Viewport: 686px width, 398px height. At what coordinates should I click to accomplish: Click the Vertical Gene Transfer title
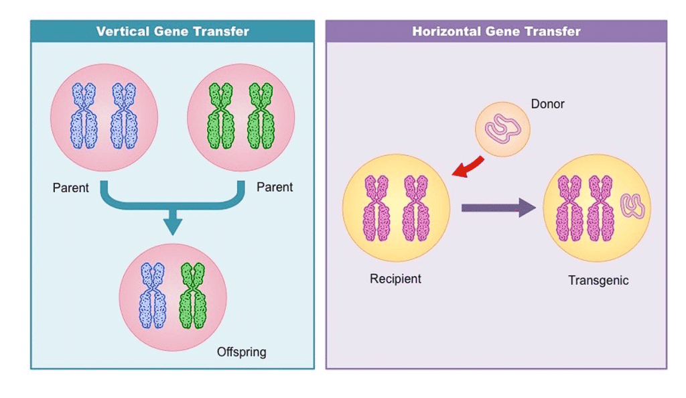[x=172, y=31]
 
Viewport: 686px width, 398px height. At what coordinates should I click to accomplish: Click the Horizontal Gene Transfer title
[x=496, y=31]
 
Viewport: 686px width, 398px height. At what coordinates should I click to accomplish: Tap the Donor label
[x=547, y=104]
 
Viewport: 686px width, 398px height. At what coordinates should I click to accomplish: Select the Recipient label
[x=395, y=279]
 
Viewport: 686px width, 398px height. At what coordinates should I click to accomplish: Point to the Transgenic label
[x=598, y=281]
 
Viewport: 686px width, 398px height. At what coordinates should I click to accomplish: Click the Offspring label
[x=241, y=352]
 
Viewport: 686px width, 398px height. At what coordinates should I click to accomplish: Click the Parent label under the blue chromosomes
[x=70, y=188]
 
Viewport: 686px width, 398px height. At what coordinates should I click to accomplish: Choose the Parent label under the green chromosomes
[x=275, y=187]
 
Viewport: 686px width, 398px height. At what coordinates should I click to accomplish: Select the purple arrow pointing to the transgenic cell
[x=498, y=207]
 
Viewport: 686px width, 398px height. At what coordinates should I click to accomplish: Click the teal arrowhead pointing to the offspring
[x=173, y=224]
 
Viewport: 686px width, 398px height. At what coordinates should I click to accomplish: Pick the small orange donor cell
[x=502, y=129]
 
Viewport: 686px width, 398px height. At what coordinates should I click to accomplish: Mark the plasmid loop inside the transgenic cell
[x=633, y=206]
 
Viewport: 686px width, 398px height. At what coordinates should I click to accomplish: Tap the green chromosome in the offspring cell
[x=193, y=295]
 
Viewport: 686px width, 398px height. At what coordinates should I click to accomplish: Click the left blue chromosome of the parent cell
[x=84, y=116]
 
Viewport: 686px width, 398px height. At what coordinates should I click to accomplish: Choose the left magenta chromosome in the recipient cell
[x=376, y=208]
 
